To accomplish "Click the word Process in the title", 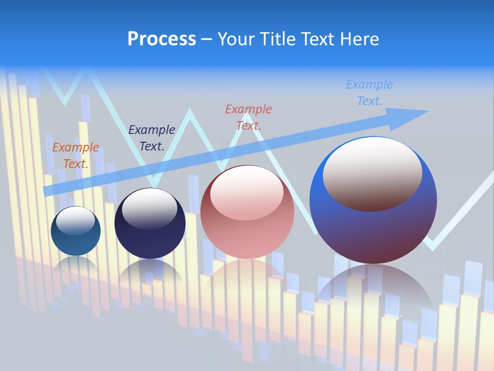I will [162, 39].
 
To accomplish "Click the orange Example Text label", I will [76, 156].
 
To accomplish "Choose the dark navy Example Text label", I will [152, 138].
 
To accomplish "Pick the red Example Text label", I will [249, 117].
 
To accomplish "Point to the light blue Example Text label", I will [369, 92].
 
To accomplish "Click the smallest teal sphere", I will [76, 242].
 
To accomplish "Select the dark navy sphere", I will [150, 240].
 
